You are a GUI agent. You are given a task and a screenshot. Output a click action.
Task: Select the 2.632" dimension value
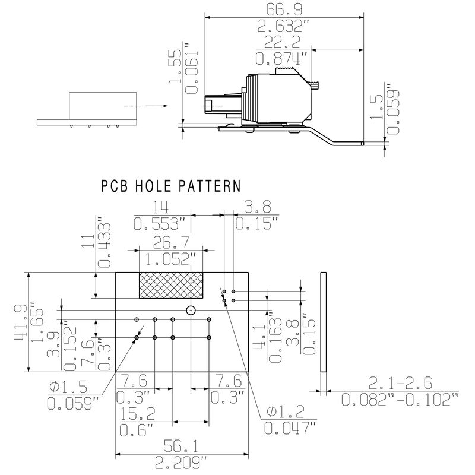click(x=283, y=26)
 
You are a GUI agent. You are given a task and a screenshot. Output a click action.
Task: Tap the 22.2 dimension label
click(x=283, y=42)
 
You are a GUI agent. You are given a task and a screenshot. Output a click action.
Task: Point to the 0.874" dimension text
click(x=283, y=58)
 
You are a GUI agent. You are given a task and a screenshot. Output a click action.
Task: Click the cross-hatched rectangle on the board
click(x=170, y=285)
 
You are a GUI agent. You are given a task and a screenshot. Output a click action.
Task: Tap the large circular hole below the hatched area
click(x=191, y=310)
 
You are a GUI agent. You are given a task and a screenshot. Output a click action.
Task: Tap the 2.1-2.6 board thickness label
click(x=400, y=382)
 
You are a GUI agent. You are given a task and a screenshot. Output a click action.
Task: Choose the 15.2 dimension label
click(x=136, y=413)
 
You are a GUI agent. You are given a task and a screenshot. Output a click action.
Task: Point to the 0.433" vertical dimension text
click(x=104, y=243)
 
